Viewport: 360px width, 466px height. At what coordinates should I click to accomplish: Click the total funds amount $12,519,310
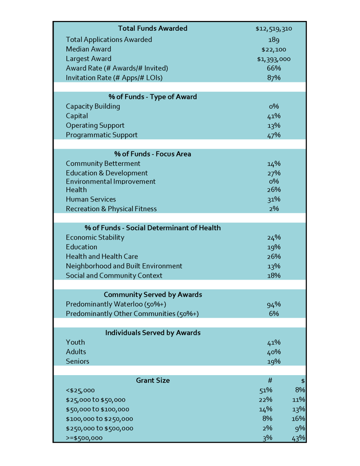pyautogui.click(x=274, y=28)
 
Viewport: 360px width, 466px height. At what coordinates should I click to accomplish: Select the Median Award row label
pyautogui.click(x=89, y=49)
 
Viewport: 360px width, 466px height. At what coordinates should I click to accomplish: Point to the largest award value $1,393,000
pyautogui.click(x=274, y=59)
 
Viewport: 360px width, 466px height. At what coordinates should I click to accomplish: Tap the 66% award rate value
pyautogui.click(x=274, y=68)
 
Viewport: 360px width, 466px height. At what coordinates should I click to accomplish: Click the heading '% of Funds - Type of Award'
pyautogui.click(x=153, y=97)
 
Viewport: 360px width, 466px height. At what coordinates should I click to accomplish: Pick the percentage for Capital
pyautogui.click(x=274, y=116)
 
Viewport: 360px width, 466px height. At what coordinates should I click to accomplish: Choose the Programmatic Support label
pyautogui.click(x=102, y=135)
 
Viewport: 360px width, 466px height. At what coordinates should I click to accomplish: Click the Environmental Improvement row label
pyautogui.click(x=111, y=181)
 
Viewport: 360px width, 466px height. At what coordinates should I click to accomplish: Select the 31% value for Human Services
pyautogui.click(x=274, y=200)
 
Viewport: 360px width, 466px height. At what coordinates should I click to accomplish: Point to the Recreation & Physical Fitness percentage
pyautogui.click(x=274, y=209)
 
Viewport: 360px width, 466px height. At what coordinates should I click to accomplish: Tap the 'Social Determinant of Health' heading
pyautogui.click(x=153, y=228)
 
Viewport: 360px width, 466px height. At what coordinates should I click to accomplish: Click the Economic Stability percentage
pyautogui.click(x=274, y=238)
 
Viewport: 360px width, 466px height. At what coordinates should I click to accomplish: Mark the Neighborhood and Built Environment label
pyautogui.click(x=124, y=266)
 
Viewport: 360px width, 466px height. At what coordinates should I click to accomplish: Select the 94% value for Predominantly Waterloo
pyautogui.click(x=274, y=304)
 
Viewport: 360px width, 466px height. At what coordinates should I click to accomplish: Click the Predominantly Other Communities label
pyautogui.click(x=132, y=314)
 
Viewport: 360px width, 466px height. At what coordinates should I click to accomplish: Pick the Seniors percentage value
pyautogui.click(x=274, y=362)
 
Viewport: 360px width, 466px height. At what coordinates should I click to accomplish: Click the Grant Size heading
pyautogui.click(x=153, y=381)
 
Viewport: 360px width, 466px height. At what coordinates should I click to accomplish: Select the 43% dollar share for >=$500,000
pyautogui.click(x=299, y=438)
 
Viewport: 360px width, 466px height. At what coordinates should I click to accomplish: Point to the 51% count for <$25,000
pyautogui.click(x=266, y=390)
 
